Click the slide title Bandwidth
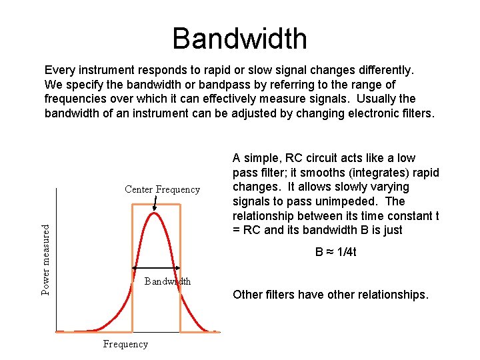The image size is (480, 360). tap(239, 39)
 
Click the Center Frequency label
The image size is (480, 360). tap(162, 189)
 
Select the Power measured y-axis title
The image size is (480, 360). tap(45, 259)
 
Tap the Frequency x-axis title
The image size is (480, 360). tap(125, 344)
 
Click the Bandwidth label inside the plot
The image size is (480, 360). tap(167, 281)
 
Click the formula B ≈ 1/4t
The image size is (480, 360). tap(335, 252)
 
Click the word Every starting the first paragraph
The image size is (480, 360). tap(59, 69)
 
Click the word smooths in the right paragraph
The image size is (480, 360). tap(311, 173)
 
